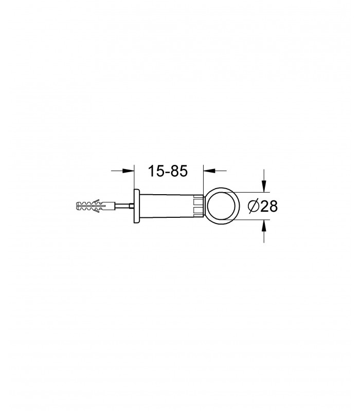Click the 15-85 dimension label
168,171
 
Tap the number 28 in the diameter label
269,206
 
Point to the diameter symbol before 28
254,206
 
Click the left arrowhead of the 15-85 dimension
129,171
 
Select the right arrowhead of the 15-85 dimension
209,171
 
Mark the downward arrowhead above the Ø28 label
264,186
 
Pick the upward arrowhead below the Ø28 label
264,226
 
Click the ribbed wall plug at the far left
95,206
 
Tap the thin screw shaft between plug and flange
122,206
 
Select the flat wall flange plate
137,206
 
